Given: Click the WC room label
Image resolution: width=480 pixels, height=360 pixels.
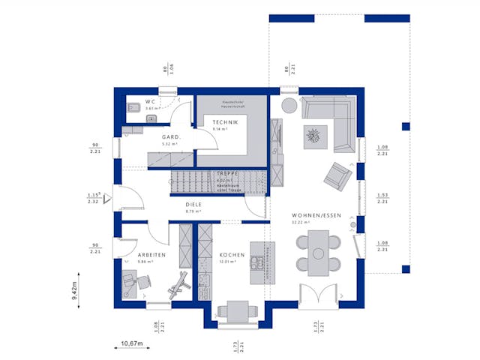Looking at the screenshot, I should [150, 101].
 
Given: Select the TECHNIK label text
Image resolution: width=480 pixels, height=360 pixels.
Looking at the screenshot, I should [224, 122].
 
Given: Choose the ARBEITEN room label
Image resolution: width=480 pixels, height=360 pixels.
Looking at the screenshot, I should [146, 256].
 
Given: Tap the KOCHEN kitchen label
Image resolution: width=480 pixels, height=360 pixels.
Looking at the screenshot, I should [233, 256].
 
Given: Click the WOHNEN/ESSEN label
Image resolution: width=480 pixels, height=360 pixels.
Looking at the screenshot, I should [316, 215].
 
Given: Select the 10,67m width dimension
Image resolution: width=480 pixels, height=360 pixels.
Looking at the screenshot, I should [131, 344].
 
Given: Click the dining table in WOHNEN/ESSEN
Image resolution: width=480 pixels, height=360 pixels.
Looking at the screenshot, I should [319, 253].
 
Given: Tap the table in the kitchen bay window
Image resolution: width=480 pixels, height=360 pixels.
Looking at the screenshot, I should [233, 310].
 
